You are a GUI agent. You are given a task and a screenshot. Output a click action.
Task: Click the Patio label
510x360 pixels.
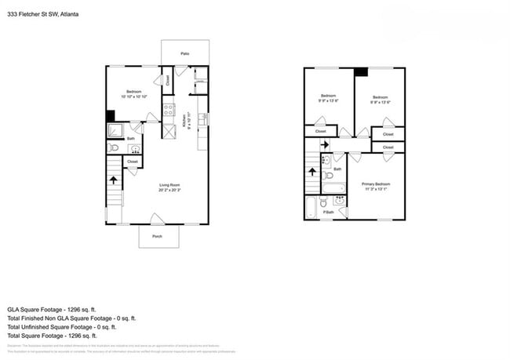(x=185, y=53)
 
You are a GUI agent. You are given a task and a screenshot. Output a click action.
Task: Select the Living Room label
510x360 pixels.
(x=169, y=187)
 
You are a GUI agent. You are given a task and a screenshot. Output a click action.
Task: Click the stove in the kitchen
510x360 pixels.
(x=168, y=110)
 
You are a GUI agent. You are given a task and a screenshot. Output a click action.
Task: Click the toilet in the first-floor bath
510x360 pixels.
(x=112, y=147)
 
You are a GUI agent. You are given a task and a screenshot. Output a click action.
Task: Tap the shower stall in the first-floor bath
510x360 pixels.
(x=114, y=129)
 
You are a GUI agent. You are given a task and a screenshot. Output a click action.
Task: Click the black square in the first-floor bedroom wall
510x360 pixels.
(x=110, y=115)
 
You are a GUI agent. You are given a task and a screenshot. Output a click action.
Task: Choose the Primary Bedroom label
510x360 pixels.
(x=376, y=186)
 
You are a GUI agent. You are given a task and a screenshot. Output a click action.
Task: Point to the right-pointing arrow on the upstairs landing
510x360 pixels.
(x=325, y=145)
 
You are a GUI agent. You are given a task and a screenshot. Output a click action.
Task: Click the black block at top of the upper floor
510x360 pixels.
(x=360, y=72)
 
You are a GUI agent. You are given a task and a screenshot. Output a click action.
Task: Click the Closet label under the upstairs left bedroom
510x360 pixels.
(x=321, y=131)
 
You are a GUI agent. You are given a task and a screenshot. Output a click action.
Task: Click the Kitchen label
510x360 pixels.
(x=187, y=122)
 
